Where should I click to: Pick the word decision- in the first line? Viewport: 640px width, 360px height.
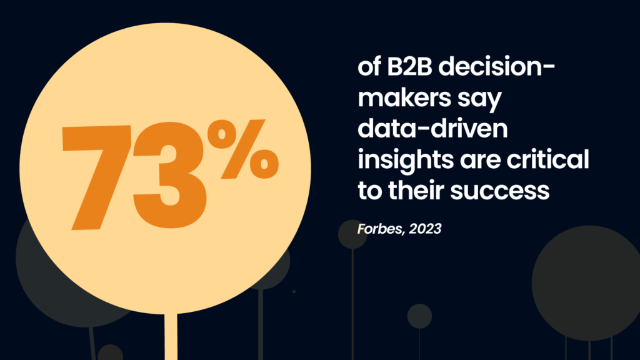503,68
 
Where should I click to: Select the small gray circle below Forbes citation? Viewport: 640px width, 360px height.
352,234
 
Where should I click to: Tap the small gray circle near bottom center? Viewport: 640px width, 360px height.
419,316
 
